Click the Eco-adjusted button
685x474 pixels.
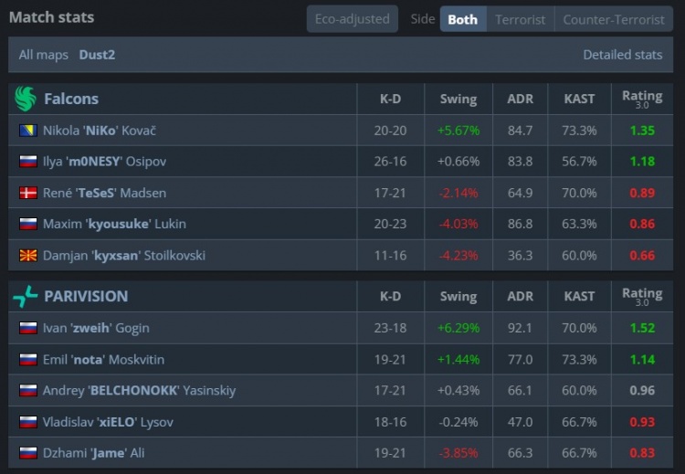point(352,19)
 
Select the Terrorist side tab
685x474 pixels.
point(520,19)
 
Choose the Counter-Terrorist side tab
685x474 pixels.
point(613,19)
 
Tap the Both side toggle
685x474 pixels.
point(462,19)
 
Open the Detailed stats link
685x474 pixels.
point(622,55)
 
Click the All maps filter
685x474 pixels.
point(44,55)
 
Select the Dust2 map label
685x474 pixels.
point(97,55)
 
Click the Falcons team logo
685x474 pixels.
point(26,99)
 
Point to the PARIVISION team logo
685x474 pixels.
point(26,296)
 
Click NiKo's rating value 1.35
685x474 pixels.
point(642,131)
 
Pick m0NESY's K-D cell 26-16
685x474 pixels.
point(390,162)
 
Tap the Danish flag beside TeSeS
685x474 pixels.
point(27,193)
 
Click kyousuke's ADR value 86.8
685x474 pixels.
point(520,224)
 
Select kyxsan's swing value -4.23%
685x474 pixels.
point(458,255)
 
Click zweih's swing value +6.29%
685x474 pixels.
point(458,328)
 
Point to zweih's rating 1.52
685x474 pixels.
point(642,328)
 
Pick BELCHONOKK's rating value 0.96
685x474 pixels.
point(642,390)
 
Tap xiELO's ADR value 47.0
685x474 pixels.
point(520,422)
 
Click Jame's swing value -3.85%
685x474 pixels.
point(458,453)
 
